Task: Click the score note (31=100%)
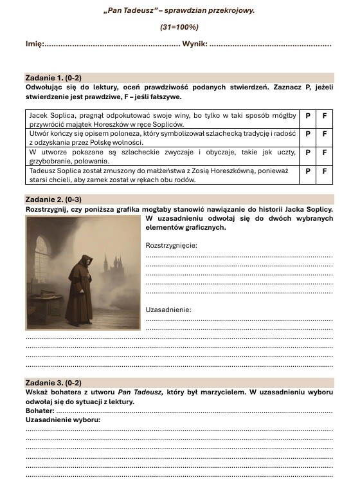click(x=179, y=27)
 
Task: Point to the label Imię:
click(x=34, y=44)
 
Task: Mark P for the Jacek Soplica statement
click(x=308, y=116)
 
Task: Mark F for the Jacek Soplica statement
click(x=325, y=116)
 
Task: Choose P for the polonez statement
click(x=308, y=134)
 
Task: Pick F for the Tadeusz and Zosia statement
click(x=325, y=172)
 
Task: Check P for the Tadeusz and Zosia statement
click(x=308, y=172)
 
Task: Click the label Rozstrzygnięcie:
click(x=172, y=245)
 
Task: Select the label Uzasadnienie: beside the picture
click(x=168, y=309)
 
